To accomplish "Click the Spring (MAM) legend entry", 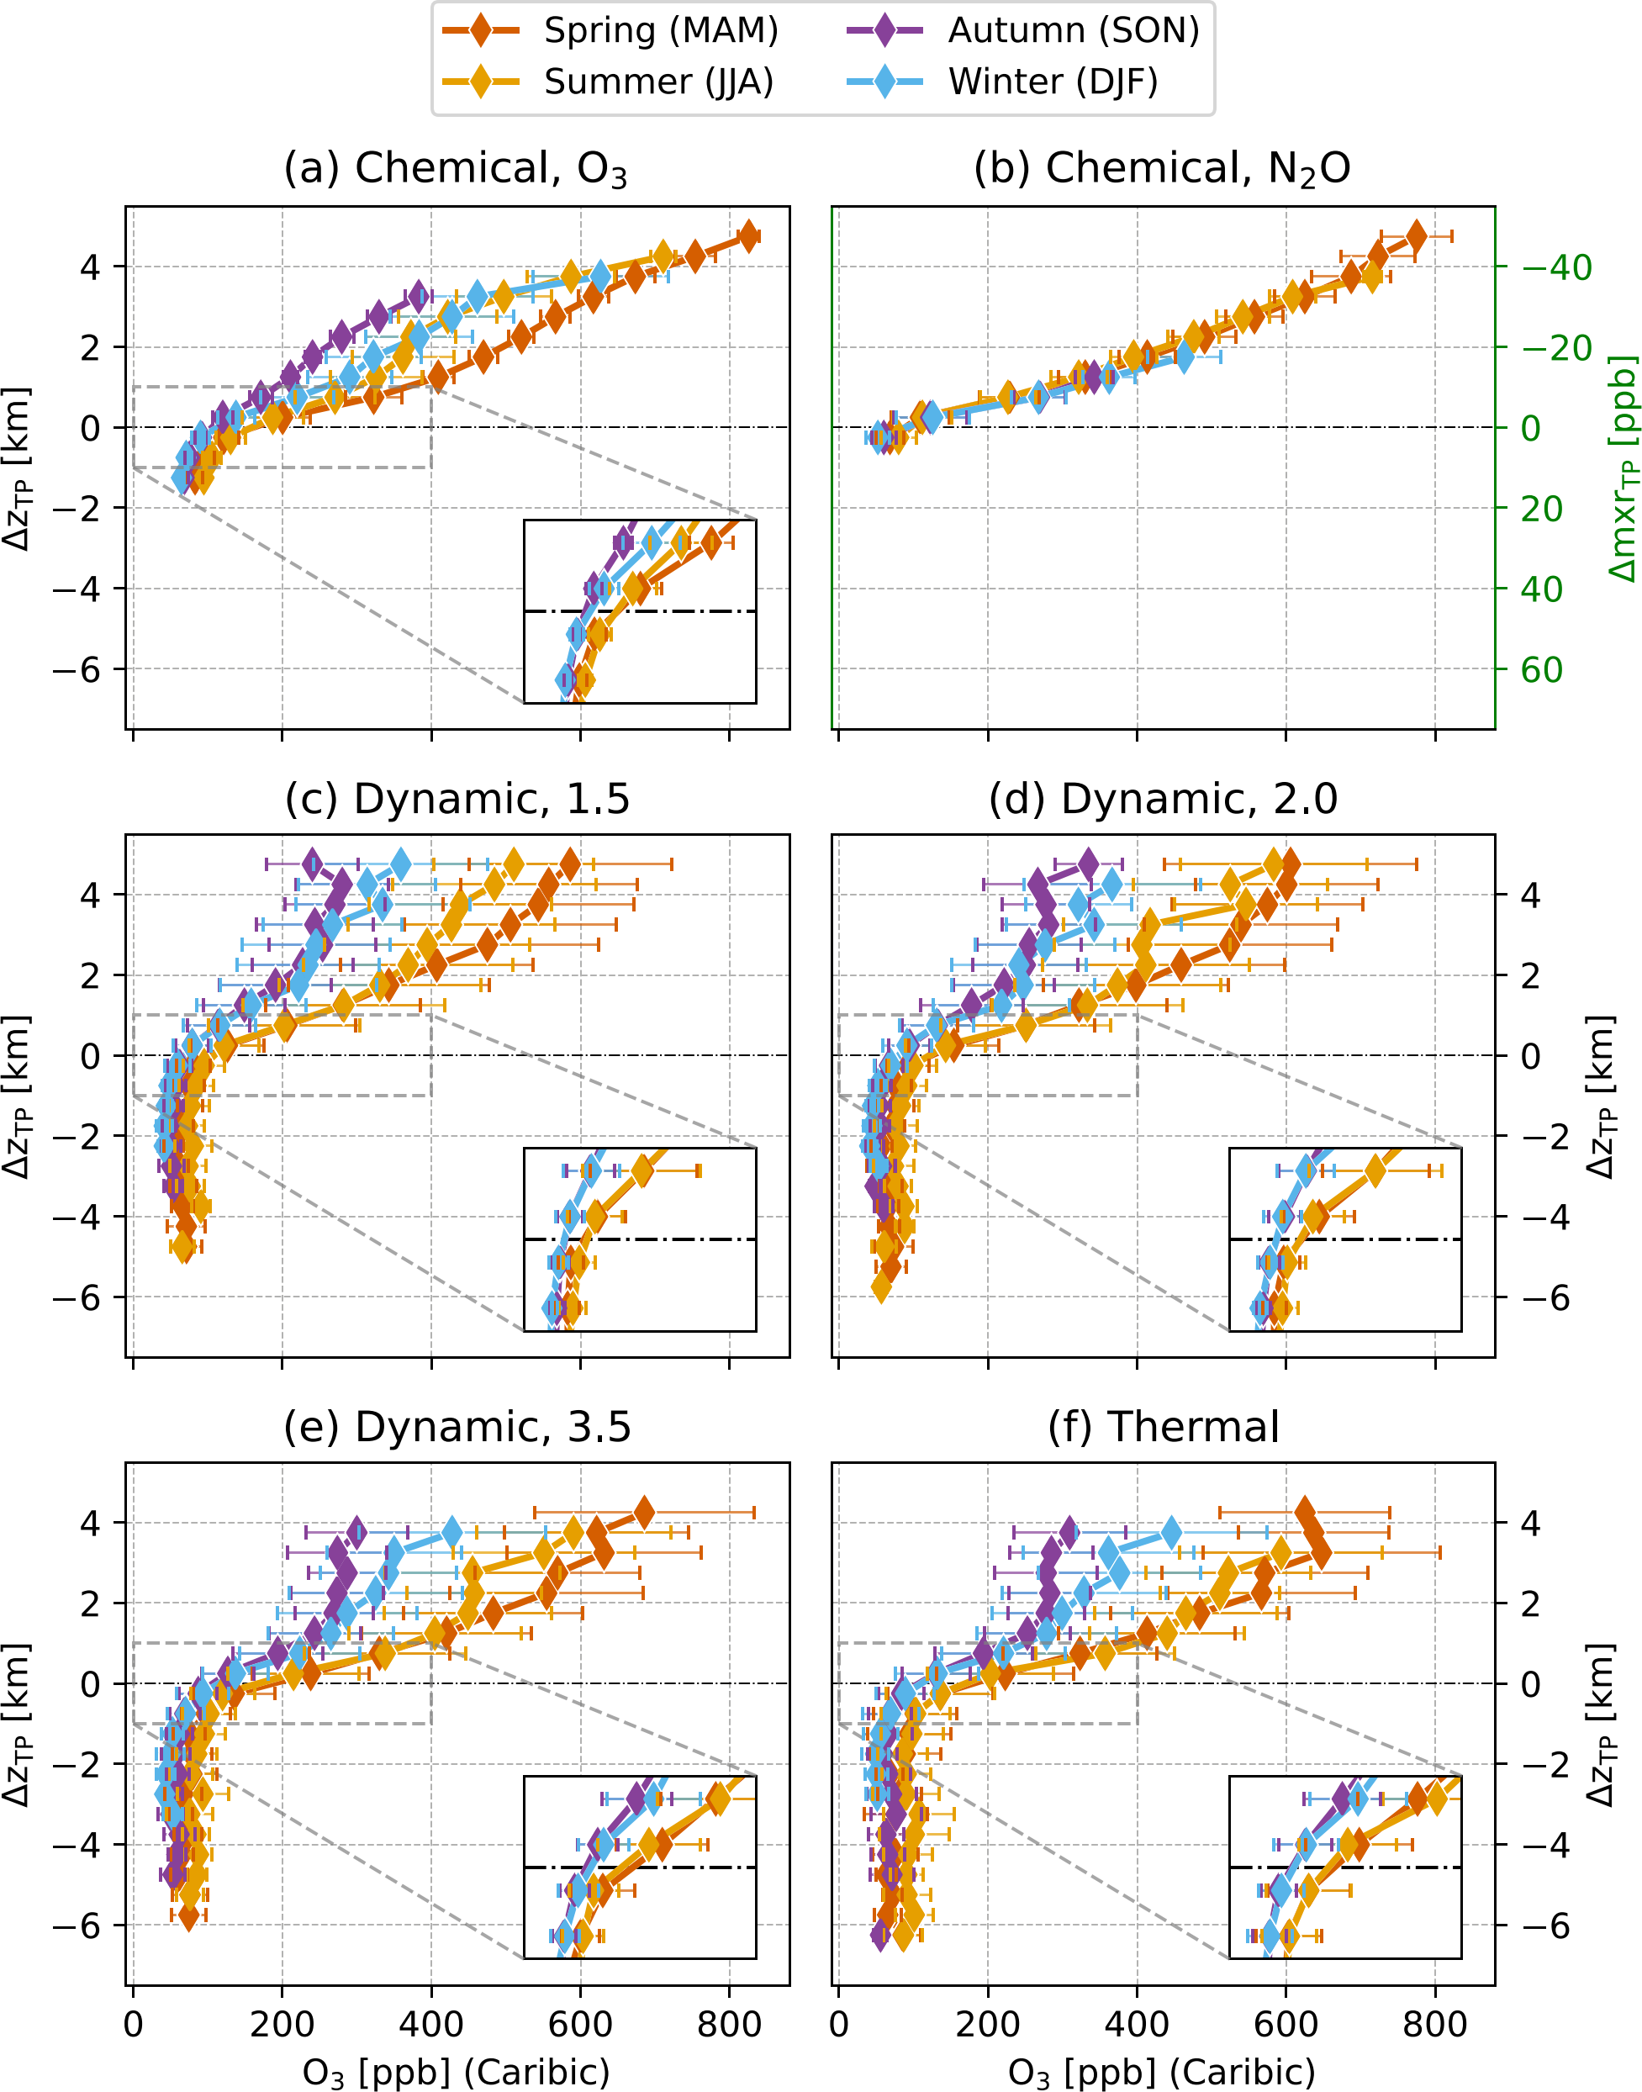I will coord(610,31).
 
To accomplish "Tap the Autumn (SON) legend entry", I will coord(1023,31).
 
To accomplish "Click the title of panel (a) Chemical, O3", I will coord(456,169).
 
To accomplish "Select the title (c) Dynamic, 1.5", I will coord(457,799).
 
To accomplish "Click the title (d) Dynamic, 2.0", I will coord(1164,799).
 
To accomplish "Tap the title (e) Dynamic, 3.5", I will coord(457,1427).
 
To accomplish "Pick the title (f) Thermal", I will coord(1164,1427).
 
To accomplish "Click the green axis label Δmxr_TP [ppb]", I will coord(1623,468).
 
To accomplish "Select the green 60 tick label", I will coord(1541,670).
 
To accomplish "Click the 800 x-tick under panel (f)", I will coord(1434,2025).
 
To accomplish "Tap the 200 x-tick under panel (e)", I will coord(282,2025).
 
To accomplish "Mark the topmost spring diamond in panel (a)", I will coord(749,236).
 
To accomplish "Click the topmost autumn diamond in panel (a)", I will coord(417,296).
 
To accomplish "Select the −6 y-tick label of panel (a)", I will coord(76,670).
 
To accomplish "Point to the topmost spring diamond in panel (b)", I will coord(1415,235).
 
